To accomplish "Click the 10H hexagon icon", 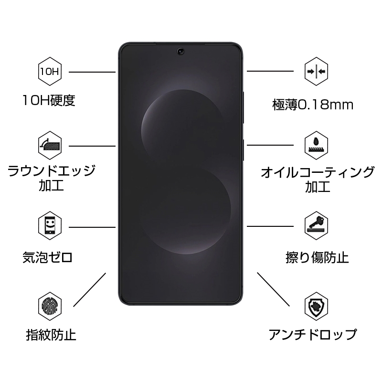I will point(49,73).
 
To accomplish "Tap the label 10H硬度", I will point(49,100).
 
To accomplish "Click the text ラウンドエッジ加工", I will point(52,177).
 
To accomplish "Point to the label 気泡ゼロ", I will point(48,257).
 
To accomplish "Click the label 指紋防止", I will point(51,334).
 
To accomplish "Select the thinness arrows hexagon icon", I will point(317,72).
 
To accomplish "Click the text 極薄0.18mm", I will point(313,105).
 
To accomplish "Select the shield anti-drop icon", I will point(317,306).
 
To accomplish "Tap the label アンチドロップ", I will point(312,335).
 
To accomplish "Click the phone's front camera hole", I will point(181,50).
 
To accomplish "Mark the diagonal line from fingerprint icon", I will point(89,289).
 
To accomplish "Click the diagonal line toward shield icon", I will point(273,289).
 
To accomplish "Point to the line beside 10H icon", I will point(92,72).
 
